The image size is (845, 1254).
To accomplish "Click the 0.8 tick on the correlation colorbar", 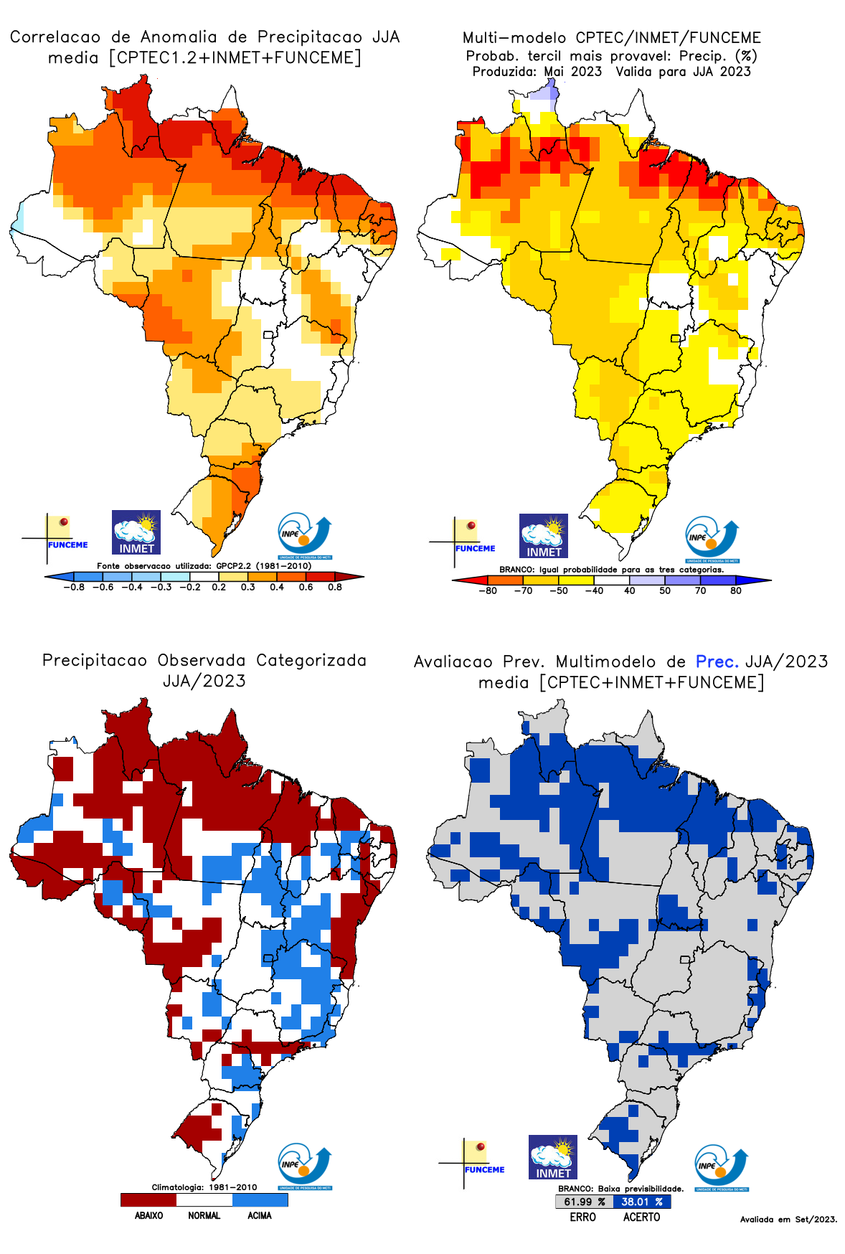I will pos(335,587).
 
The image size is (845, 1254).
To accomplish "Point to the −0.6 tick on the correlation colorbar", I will pos(103,587).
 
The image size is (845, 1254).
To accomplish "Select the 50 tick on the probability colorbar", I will pos(665,590).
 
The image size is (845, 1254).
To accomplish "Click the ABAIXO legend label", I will pos(148,1215).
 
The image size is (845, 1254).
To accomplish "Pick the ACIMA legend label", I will pos(260,1215).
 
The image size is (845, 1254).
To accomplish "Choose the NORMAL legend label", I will pos(204,1215).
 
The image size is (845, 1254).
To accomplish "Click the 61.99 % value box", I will pos(584,1202).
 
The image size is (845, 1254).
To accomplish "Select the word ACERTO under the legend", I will pos(641,1217).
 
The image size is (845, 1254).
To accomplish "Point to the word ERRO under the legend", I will pos(582,1217).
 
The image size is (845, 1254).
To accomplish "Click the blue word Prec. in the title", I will pos(717,661).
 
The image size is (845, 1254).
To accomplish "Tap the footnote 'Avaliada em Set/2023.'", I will pos(788,1219).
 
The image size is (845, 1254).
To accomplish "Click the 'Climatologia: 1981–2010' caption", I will pos(204,1187).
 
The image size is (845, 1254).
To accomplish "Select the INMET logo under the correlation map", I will pos(136,532).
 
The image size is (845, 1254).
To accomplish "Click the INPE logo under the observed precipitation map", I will pos(305,1166).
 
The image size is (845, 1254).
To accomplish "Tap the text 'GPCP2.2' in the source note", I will pos(234,566).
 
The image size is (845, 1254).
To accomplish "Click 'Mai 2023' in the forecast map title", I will pos(572,72).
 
